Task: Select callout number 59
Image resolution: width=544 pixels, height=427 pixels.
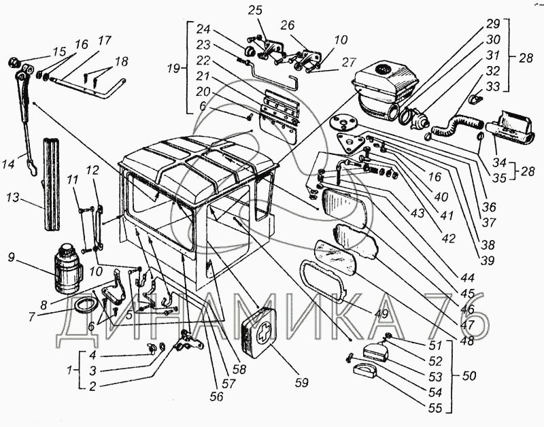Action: point(301,383)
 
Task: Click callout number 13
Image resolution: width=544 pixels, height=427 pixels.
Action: point(13,197)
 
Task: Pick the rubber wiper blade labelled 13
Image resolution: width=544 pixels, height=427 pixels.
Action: point(52,184)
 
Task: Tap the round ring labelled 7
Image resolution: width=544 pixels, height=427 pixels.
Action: point(83,305)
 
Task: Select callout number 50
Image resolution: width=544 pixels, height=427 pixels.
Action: point(469,375)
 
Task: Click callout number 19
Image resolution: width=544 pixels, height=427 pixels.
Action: point(173,69)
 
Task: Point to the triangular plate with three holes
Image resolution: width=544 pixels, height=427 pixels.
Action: point(351,143)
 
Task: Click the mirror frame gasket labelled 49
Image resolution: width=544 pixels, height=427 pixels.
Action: point(324,281)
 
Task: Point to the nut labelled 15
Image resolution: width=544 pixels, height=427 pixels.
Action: point(14,63)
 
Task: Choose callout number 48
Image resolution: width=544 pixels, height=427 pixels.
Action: point(467,340)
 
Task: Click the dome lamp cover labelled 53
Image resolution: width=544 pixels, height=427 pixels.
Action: point(375,350)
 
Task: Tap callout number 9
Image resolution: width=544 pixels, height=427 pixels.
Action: point(11,258)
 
